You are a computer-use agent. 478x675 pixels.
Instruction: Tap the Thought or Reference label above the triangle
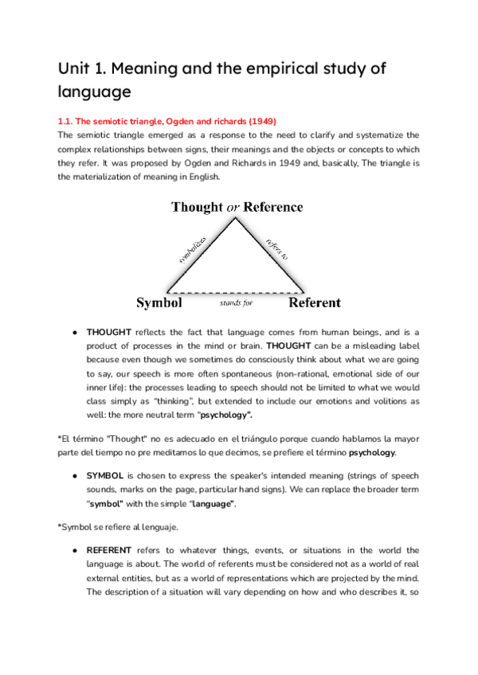(x=237, y=208)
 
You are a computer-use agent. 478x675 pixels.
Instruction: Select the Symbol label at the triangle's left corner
(x=159, y=302)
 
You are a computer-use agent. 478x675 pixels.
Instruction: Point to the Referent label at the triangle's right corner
(x=314, y=302)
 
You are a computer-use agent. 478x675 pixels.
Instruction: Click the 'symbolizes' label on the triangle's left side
(x=194, y=249)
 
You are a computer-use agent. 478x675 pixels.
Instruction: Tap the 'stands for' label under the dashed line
(x=237, y=303)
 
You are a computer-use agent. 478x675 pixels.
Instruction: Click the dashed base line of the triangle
(x=235, y=292)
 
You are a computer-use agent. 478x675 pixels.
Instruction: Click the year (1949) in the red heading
(x=261, y=121)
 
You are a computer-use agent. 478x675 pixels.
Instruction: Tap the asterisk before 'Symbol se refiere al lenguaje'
(x=60, y=525)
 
